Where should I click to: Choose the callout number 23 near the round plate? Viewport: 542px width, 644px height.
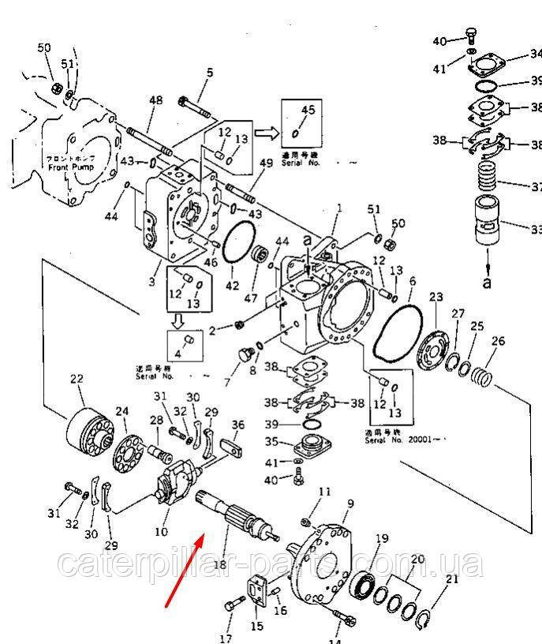(x=436, y=297)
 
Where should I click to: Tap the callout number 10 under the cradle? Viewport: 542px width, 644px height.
(x=161, y=531)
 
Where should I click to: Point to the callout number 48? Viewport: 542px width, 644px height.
(x=155, y=100)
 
